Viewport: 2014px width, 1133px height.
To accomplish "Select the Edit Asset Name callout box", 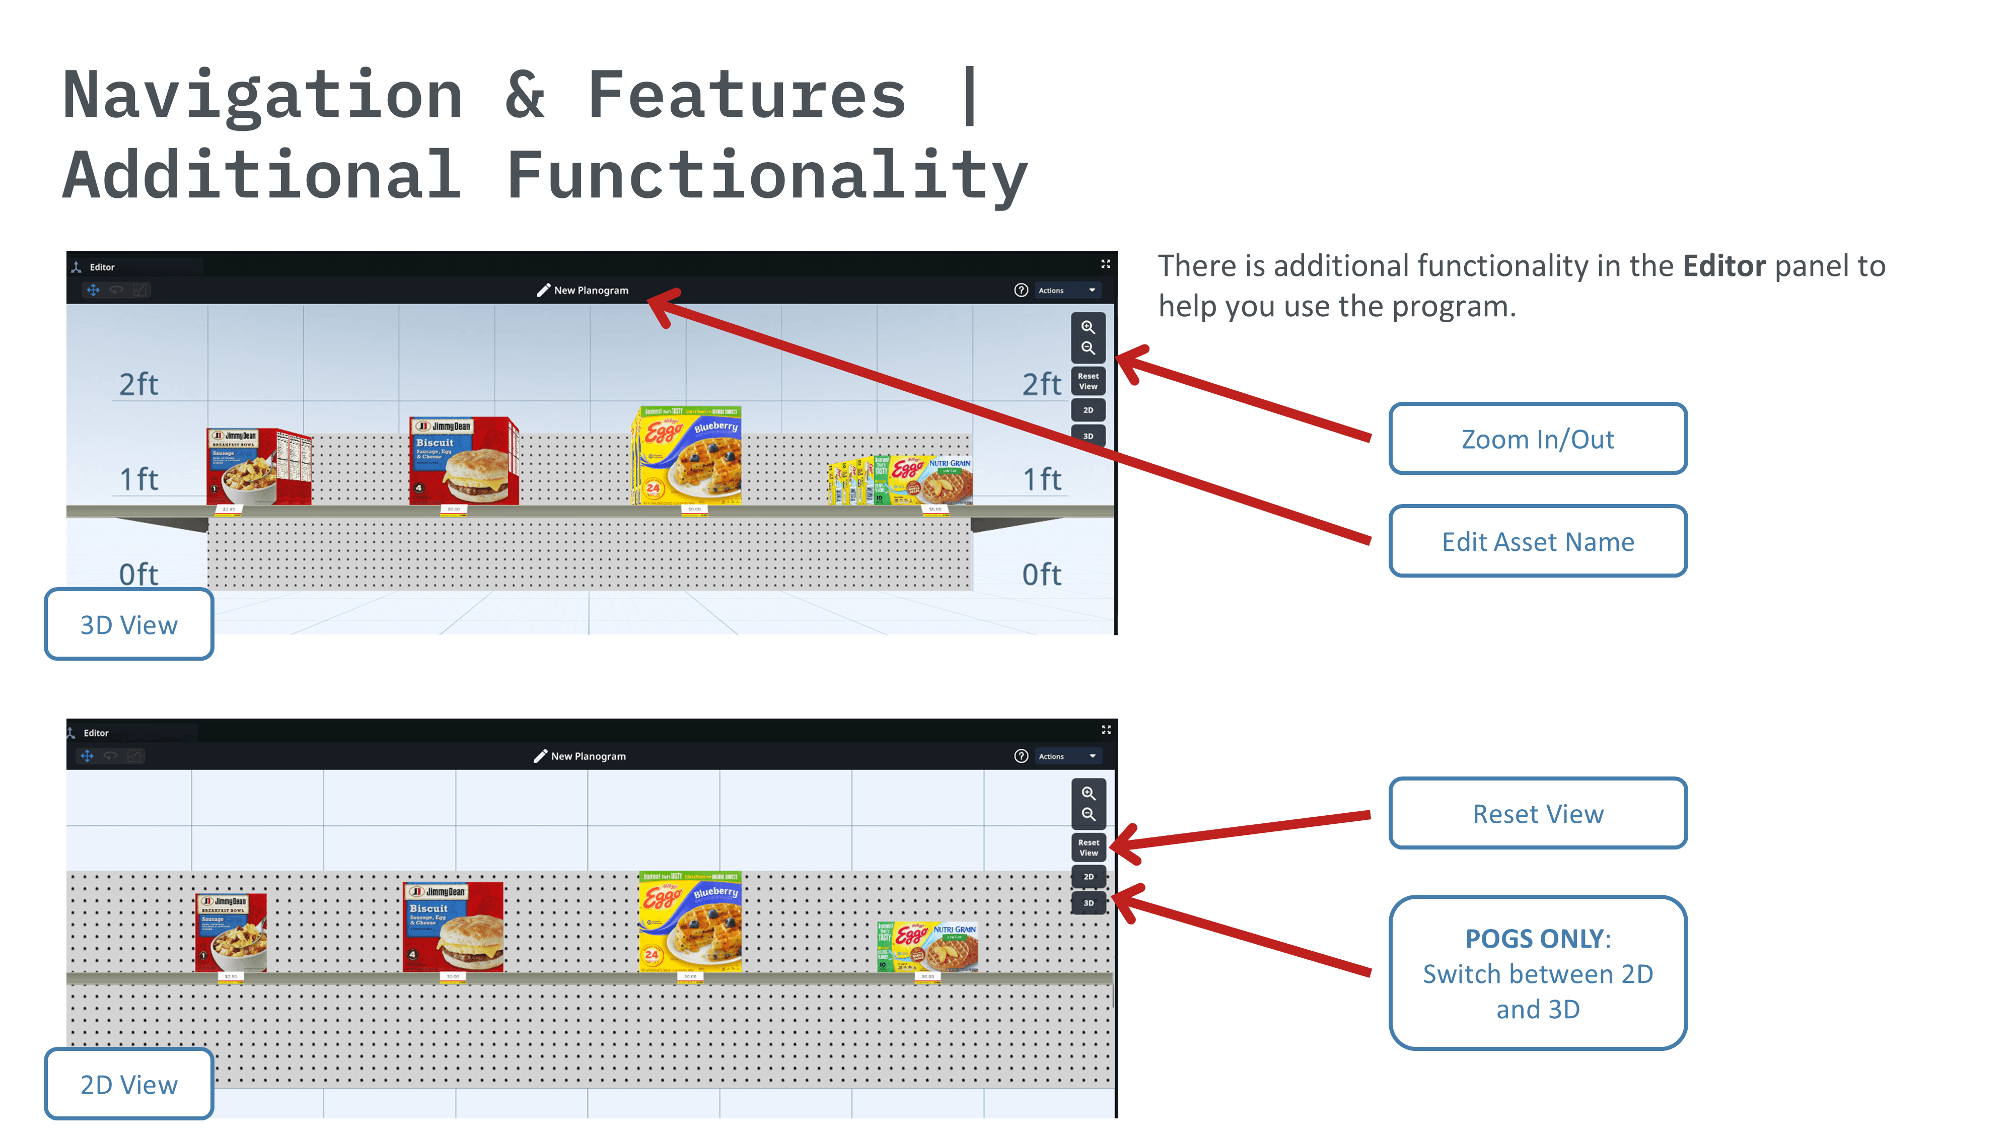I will point(1537,541).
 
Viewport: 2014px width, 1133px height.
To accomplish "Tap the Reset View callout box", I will point(1537,813).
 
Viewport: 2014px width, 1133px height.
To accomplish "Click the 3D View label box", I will point(129,625).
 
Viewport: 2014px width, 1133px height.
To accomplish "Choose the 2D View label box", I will point(129,1085).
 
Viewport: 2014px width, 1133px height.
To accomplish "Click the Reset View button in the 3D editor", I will point(1088,381).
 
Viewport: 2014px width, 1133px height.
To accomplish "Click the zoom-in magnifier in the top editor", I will point(1088,327).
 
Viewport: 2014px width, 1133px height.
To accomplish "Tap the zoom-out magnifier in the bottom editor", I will point(1088,814).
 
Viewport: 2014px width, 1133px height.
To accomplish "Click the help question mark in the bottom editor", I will point(1020,756).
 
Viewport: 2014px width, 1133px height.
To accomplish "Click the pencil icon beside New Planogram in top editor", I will point(543,290).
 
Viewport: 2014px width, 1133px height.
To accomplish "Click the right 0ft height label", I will point(1041,575).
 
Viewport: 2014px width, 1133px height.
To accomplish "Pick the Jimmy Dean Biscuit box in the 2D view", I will point(453,928).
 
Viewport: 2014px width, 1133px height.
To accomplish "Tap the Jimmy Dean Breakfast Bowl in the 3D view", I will point(258,467).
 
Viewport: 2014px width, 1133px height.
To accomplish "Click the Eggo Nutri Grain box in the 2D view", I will point(927,947).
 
